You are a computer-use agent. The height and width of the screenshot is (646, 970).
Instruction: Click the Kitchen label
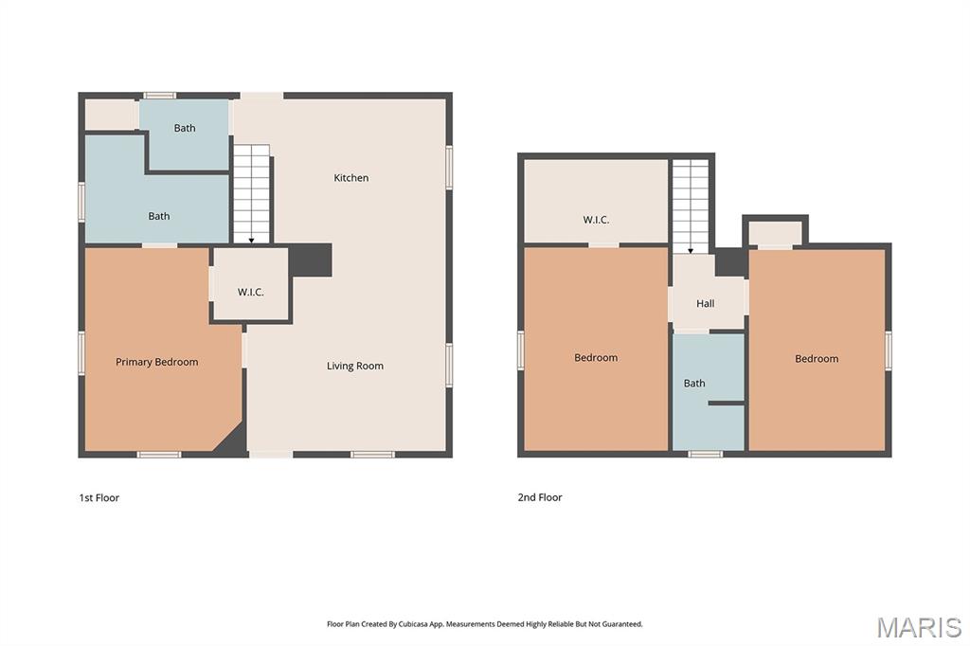tap(350, 177)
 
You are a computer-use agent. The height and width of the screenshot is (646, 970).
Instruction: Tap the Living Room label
tap(354, 366)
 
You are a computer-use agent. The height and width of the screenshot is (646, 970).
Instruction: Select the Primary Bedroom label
tap(156, 362)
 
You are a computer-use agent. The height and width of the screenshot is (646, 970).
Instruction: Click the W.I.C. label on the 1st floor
tap(250, 292)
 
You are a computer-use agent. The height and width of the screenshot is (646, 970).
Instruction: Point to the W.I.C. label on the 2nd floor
tap(596, 220)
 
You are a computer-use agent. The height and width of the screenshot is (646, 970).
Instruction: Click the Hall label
tap(705, 303)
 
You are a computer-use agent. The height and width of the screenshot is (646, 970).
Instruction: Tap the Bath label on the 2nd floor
tap(694, 383)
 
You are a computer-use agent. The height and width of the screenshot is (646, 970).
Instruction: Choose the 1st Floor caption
tap(99, 497)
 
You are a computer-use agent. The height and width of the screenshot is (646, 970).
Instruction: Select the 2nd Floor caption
tap(539, 497)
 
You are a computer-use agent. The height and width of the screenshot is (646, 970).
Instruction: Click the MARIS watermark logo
tap(919, 627)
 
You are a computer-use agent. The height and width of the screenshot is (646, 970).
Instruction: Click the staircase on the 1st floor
tap(251, 193)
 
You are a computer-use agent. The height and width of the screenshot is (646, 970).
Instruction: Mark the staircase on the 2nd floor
tap(691, 206)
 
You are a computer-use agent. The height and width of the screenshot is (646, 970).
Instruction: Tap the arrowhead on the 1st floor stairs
tap(251, 241)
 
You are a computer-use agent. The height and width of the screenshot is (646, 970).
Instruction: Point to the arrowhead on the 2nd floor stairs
tap(691, 251)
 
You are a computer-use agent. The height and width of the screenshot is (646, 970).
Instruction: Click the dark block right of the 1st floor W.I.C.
tap(311, 260)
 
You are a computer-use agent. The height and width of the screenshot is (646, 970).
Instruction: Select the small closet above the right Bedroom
tap(775, 233)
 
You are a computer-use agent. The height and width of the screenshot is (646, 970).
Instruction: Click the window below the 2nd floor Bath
tap(705, 454)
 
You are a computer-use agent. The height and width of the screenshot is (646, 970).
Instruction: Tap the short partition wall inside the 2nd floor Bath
tap(727, 404)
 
